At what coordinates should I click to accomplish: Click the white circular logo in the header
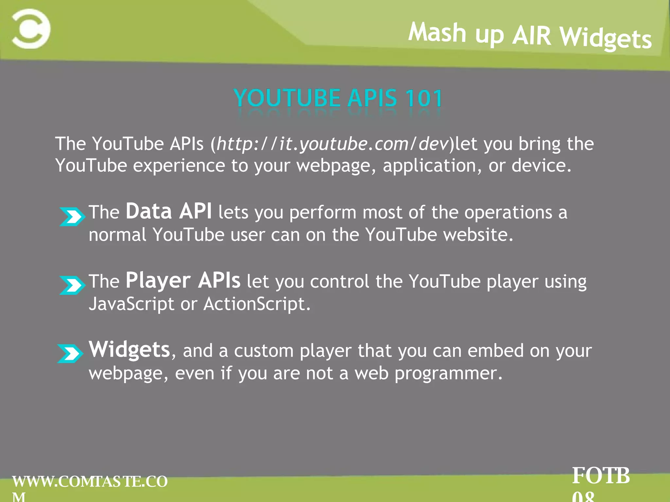tap(31, 29)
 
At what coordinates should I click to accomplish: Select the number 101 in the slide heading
tap(424, 98)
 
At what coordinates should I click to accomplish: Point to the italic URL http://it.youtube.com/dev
tap(332, 144)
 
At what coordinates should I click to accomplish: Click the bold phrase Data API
tap(168, 211)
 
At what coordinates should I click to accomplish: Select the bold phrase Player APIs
tap(183, 280)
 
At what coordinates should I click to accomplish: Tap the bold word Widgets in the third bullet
tap(129, 349)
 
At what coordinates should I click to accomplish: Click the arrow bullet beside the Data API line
tap(72, 216)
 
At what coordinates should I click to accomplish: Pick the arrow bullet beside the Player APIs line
tap(72, 285)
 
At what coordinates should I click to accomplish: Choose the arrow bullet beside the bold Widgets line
tap(70, 353)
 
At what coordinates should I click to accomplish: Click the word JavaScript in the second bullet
tap(132, 304)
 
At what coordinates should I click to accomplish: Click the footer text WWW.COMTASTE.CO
tap(90, 481)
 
